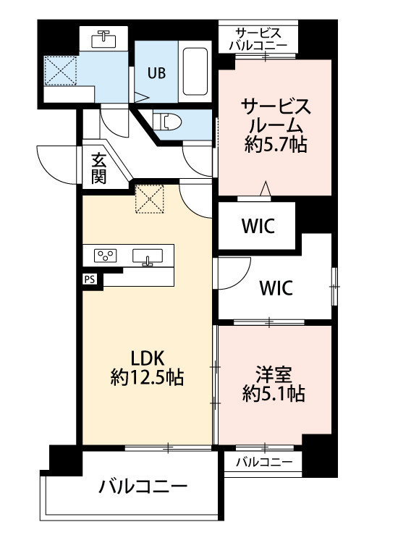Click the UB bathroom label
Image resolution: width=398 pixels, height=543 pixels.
156,72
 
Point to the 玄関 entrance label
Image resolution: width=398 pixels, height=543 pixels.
98,168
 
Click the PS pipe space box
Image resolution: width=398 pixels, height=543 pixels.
90,277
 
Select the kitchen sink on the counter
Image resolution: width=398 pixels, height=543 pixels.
150,256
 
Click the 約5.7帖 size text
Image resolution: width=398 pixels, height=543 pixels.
276,145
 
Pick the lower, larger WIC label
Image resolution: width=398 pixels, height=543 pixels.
276,288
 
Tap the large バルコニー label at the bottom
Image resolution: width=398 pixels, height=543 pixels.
144,486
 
